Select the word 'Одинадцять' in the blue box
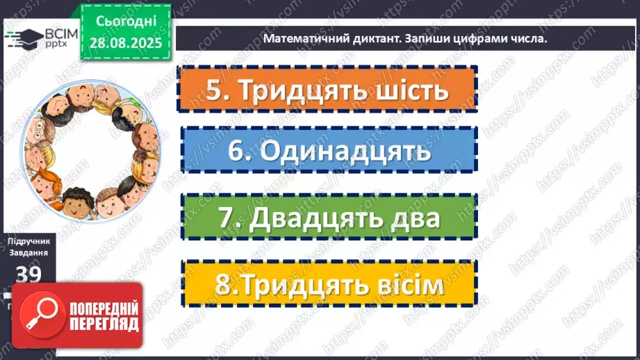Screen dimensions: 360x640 (x=341, y=151)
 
